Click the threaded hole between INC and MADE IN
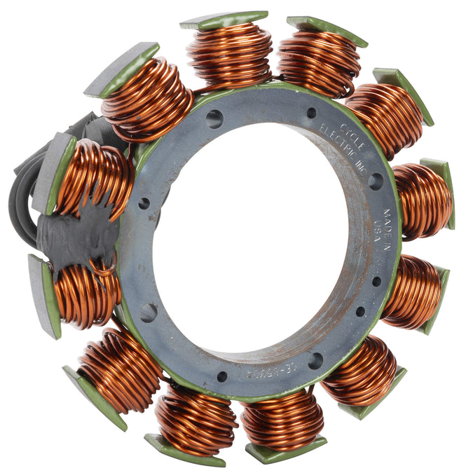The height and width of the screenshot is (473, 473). (376, 181)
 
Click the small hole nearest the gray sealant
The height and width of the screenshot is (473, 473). (144, 203)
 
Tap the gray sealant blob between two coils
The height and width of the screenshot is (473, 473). (77, 235)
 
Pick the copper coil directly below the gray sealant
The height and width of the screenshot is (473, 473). (84, 294)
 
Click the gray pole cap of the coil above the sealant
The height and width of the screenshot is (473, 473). (53, 172)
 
